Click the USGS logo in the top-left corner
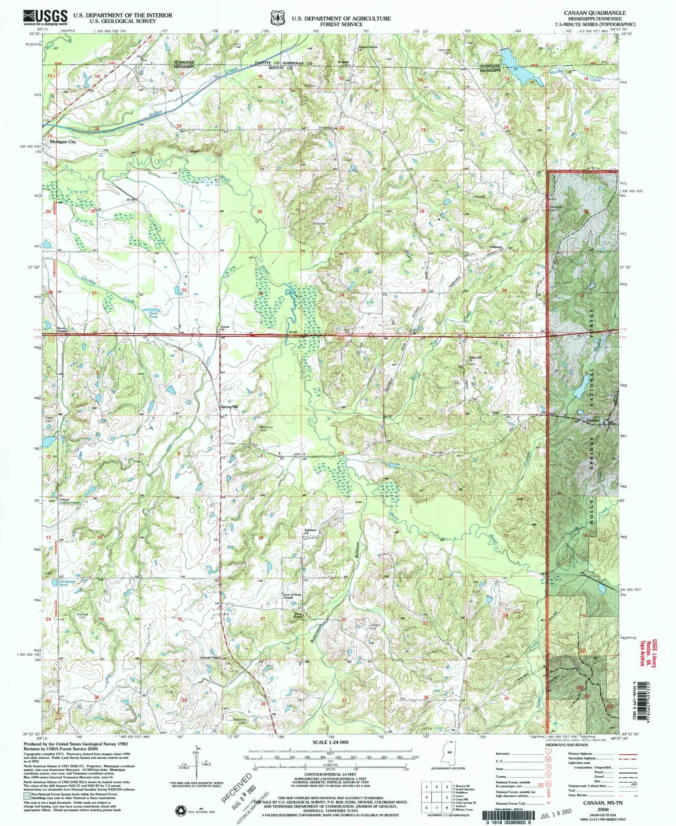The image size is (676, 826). [x=46, y=17]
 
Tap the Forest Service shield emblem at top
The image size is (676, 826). [x=275, y=18]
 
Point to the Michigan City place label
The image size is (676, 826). [x=63, y=142]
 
